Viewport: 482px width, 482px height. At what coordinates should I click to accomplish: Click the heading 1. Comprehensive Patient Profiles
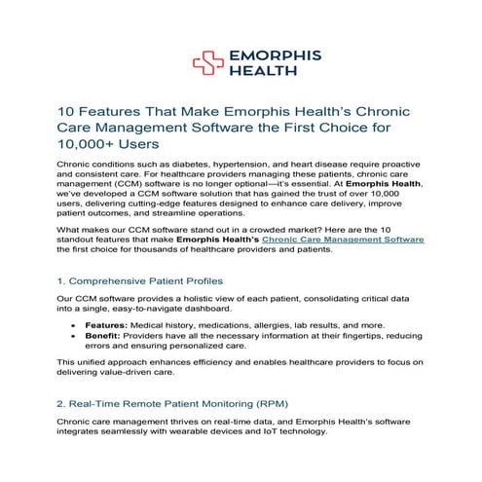147,278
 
